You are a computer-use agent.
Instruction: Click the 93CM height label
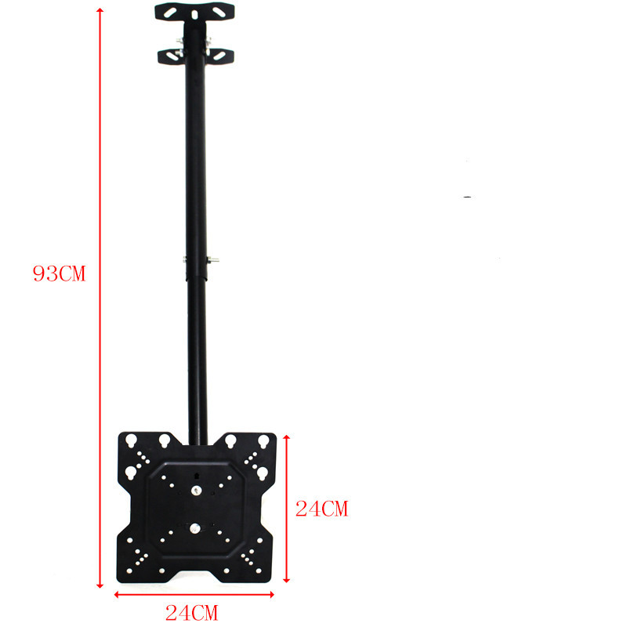coord(60,274)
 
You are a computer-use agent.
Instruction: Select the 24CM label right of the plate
coord(322,509)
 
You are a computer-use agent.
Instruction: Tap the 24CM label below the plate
coord(192,613)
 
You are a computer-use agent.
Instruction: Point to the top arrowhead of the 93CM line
coord(100,10)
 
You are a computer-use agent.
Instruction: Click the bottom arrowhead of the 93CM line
coord(100,585)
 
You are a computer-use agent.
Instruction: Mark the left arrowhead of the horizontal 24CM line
coord(117,595)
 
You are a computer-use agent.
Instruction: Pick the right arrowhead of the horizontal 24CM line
coord(271,595)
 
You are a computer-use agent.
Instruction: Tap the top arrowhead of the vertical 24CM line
coord(286,438)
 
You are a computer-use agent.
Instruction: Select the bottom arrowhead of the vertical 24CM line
coord(286,579)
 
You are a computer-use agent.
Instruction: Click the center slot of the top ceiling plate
coord(194,14)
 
